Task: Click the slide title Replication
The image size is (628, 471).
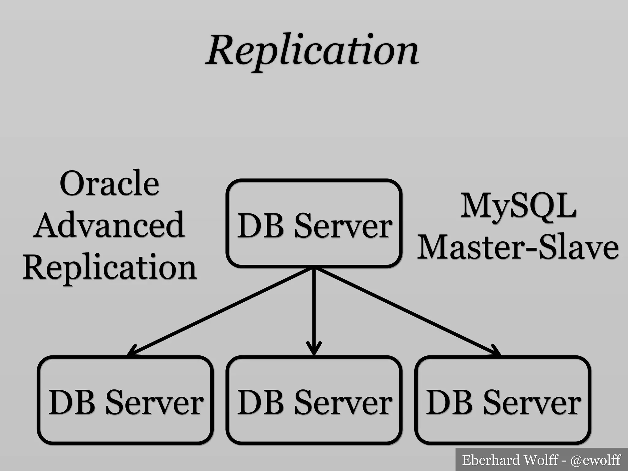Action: click(x=312, y=51)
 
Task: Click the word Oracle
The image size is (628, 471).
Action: click(x=109, y=183)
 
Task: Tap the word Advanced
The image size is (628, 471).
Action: click(x=109, y=225)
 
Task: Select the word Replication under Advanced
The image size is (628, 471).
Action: click(x=109, y=267)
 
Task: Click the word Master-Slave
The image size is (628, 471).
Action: click(x=518, y=247)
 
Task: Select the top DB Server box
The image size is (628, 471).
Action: click(x=314, y=223)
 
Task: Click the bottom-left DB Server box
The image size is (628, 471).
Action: click(x=125, y=400)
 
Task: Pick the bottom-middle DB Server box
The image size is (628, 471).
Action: click(x=314, y=400)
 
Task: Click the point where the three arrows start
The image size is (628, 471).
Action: click(x=314, y=269)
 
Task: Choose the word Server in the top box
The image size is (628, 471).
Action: click(x=343, y=226)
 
